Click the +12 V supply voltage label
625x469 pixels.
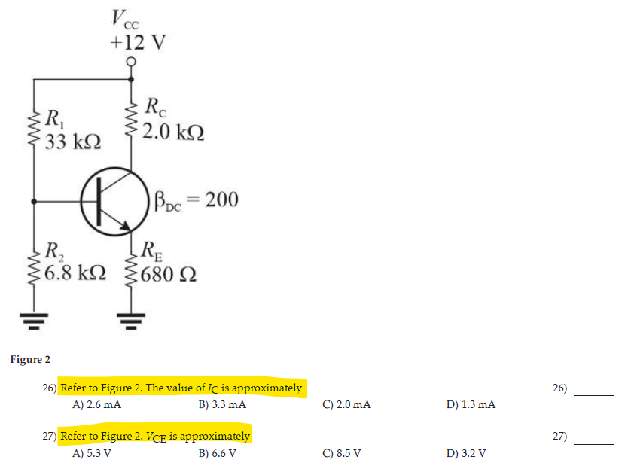click(137, 41)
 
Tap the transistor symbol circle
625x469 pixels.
click(112, 200)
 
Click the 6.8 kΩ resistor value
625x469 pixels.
click(75, 271)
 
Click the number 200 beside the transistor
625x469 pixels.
click(221, 199)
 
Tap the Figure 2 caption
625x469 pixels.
click(30, 359)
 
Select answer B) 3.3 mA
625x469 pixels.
click(222, 405)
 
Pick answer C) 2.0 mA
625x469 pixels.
click(346, 405)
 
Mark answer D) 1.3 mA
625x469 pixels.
click(471, 405)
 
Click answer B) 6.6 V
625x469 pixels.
click(218, 453)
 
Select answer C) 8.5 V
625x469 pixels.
click(342, 453)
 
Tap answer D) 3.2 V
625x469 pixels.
click(466, 453)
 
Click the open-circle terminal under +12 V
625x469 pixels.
click(133, 62)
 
